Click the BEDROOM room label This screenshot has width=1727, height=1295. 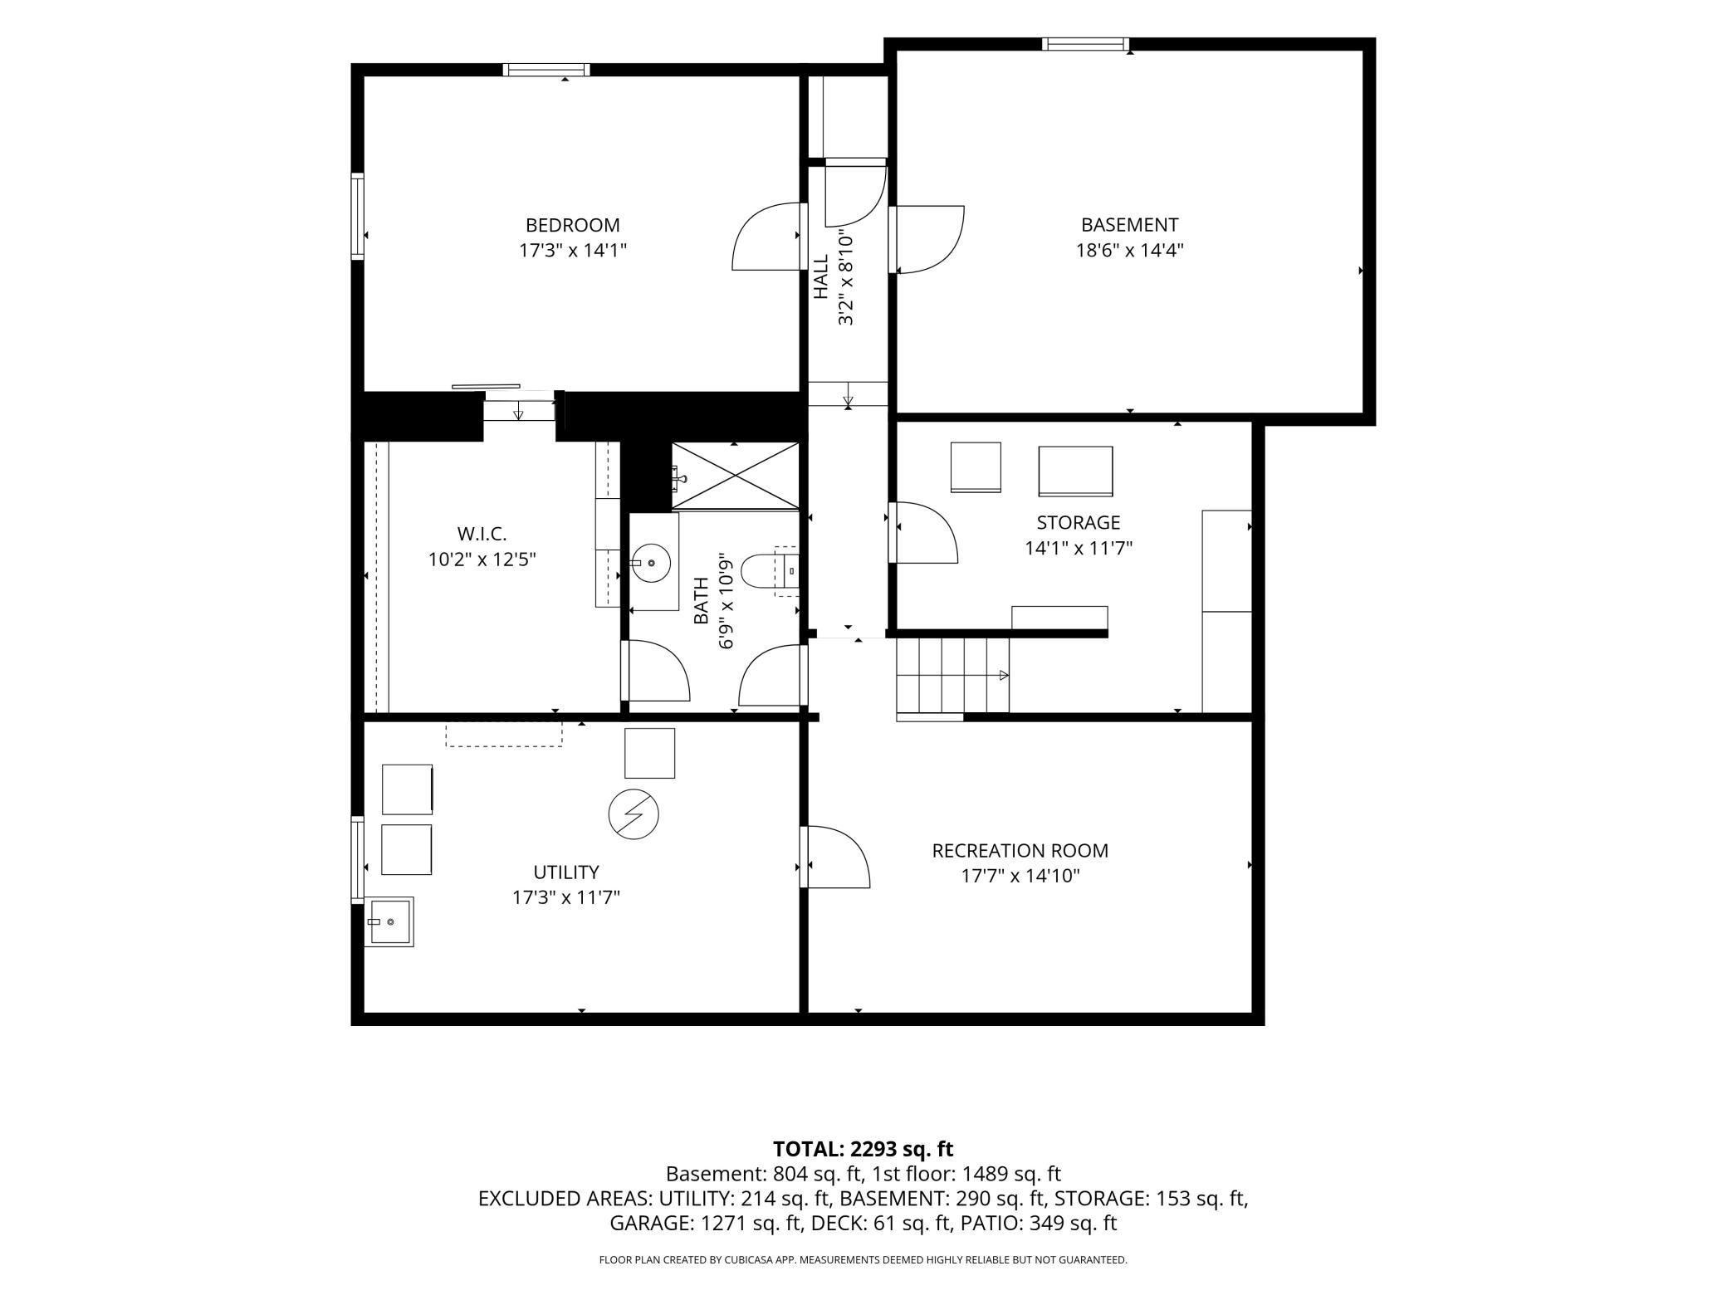(x=572, y=225)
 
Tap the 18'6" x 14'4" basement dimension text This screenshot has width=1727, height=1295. (x=1129, y=250)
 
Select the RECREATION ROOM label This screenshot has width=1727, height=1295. (x=1020, y=851)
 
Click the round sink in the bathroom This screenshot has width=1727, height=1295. (x=651, y=563)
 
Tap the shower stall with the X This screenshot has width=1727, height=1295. (x=735, y=475)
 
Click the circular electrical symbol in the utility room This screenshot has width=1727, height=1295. (x=634, y=814)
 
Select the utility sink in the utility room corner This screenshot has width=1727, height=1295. (x=389, y=921)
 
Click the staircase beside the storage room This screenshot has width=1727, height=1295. (x=952, y=676)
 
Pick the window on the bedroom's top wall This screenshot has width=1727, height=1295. (x=547, y=70)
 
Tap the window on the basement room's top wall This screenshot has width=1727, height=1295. (x=1086, y=44)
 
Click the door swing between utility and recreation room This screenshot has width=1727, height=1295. (x=836, y=857)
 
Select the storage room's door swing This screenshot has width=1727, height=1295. (x=923, y=533)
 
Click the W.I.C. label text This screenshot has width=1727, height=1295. (x=482, y=535)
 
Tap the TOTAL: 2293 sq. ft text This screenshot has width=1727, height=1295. (x=863, y=1149)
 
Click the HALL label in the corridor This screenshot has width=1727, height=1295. (x=821, y=276)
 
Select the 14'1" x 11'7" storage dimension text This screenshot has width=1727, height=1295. (x=1079, y=548)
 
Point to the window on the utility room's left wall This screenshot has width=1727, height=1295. (x=358, y=859)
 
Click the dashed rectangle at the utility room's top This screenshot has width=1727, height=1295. (x=504, y=734)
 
